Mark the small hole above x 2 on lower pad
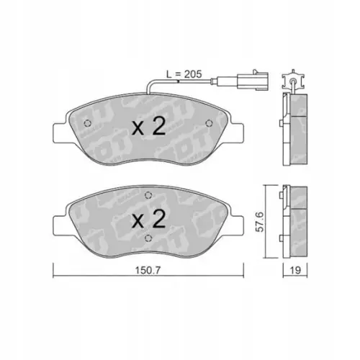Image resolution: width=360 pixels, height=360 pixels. coord(147,194)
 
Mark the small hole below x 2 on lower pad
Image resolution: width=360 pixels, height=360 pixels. coord(147,239)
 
